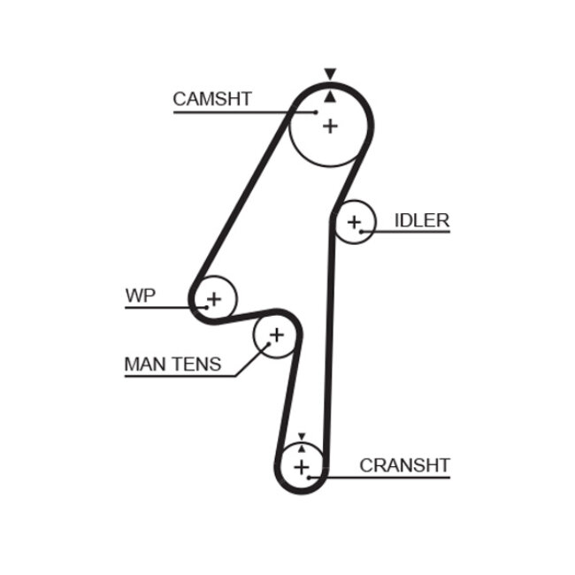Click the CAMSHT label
coord(212,99)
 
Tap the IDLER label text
coord(422,220)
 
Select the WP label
coord(140,295)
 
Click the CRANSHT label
coord(404,465)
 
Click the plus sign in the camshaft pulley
coord(330,126)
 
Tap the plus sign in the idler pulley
coord(355,221)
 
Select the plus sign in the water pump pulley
coord(214,297)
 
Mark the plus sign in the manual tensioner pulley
coord(275,335)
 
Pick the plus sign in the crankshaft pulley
coord(302,466)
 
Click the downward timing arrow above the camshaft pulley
coord(330,74)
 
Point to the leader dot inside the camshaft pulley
coord(317,112)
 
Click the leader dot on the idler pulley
coord(361,232)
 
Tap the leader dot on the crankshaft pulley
coord(314,478)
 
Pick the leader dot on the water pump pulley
coord(208,307)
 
